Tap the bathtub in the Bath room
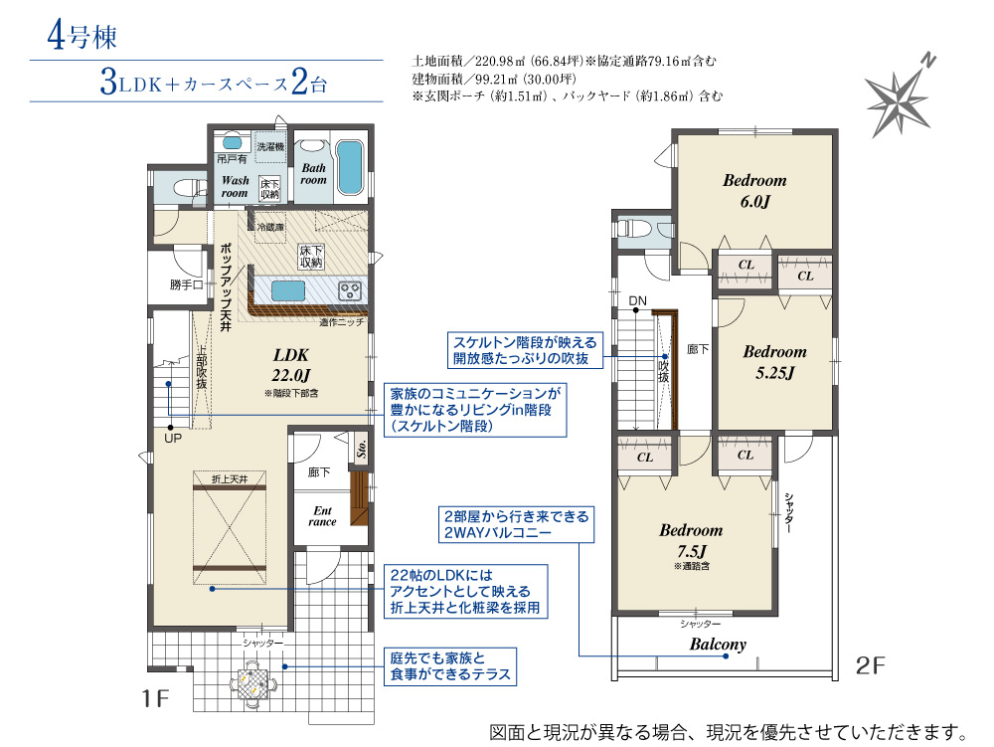[x=349, y=167]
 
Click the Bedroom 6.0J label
[x=754, y=191]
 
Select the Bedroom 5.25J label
[x=774, y=362]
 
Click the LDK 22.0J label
[x=291, y=365]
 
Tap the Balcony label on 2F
[x=718, y=645]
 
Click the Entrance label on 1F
[x=322, y=516]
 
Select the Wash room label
[x=235, y=186]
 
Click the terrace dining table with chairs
[x=253, y=683]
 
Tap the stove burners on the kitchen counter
[x=349, y=291]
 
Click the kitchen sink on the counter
[x=288, y=291]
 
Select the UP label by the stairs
[x=172, y=439]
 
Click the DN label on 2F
[x=638, y=300]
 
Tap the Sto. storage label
[x=362, y=449]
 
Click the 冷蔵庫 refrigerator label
[x=270, y=227]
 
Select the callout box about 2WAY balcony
[x=516, y=524]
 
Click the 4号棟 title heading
[x=82, y=36]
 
